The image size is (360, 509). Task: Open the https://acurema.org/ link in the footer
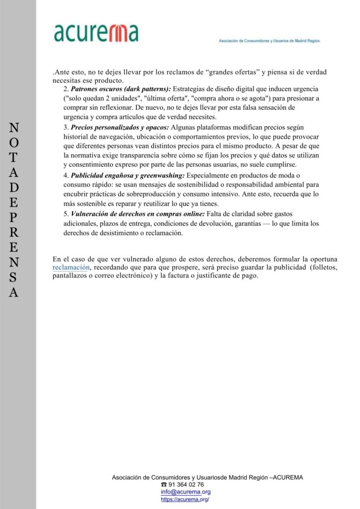(x=185, y=500)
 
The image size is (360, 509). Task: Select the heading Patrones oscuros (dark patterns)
(x=121, y=89)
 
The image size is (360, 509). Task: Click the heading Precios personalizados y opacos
(x=120, y=128)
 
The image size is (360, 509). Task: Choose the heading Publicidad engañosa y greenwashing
(x=128, y=176)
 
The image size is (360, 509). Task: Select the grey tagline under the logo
(x=270, y=41)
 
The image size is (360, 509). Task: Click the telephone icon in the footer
(x=164, y=485)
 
